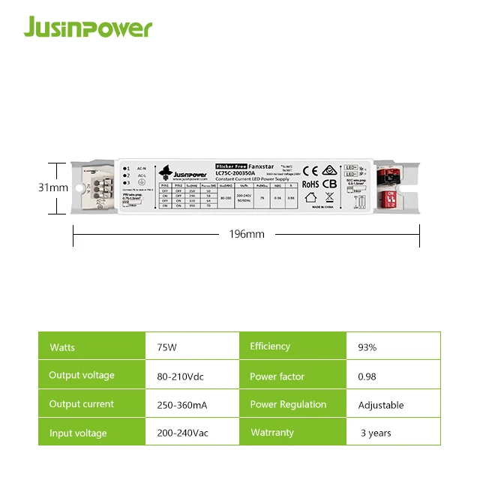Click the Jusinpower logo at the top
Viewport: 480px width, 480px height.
(87, 28)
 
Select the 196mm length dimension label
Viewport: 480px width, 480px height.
(247, 234)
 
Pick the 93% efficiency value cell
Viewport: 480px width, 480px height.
(367, 347)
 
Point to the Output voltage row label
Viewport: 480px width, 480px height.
(82, 375)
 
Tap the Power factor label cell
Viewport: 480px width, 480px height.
(277, 376)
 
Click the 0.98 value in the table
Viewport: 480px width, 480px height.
(366, 376)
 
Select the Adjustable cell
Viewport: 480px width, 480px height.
(381, 405)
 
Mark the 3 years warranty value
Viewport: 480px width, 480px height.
(375, 433)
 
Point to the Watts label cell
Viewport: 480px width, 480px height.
(62, 347)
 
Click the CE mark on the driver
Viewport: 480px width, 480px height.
(310, 169)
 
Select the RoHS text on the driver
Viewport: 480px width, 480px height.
(310, 184)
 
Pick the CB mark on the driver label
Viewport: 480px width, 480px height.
(329, 184)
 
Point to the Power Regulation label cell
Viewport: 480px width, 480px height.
(288, 405)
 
